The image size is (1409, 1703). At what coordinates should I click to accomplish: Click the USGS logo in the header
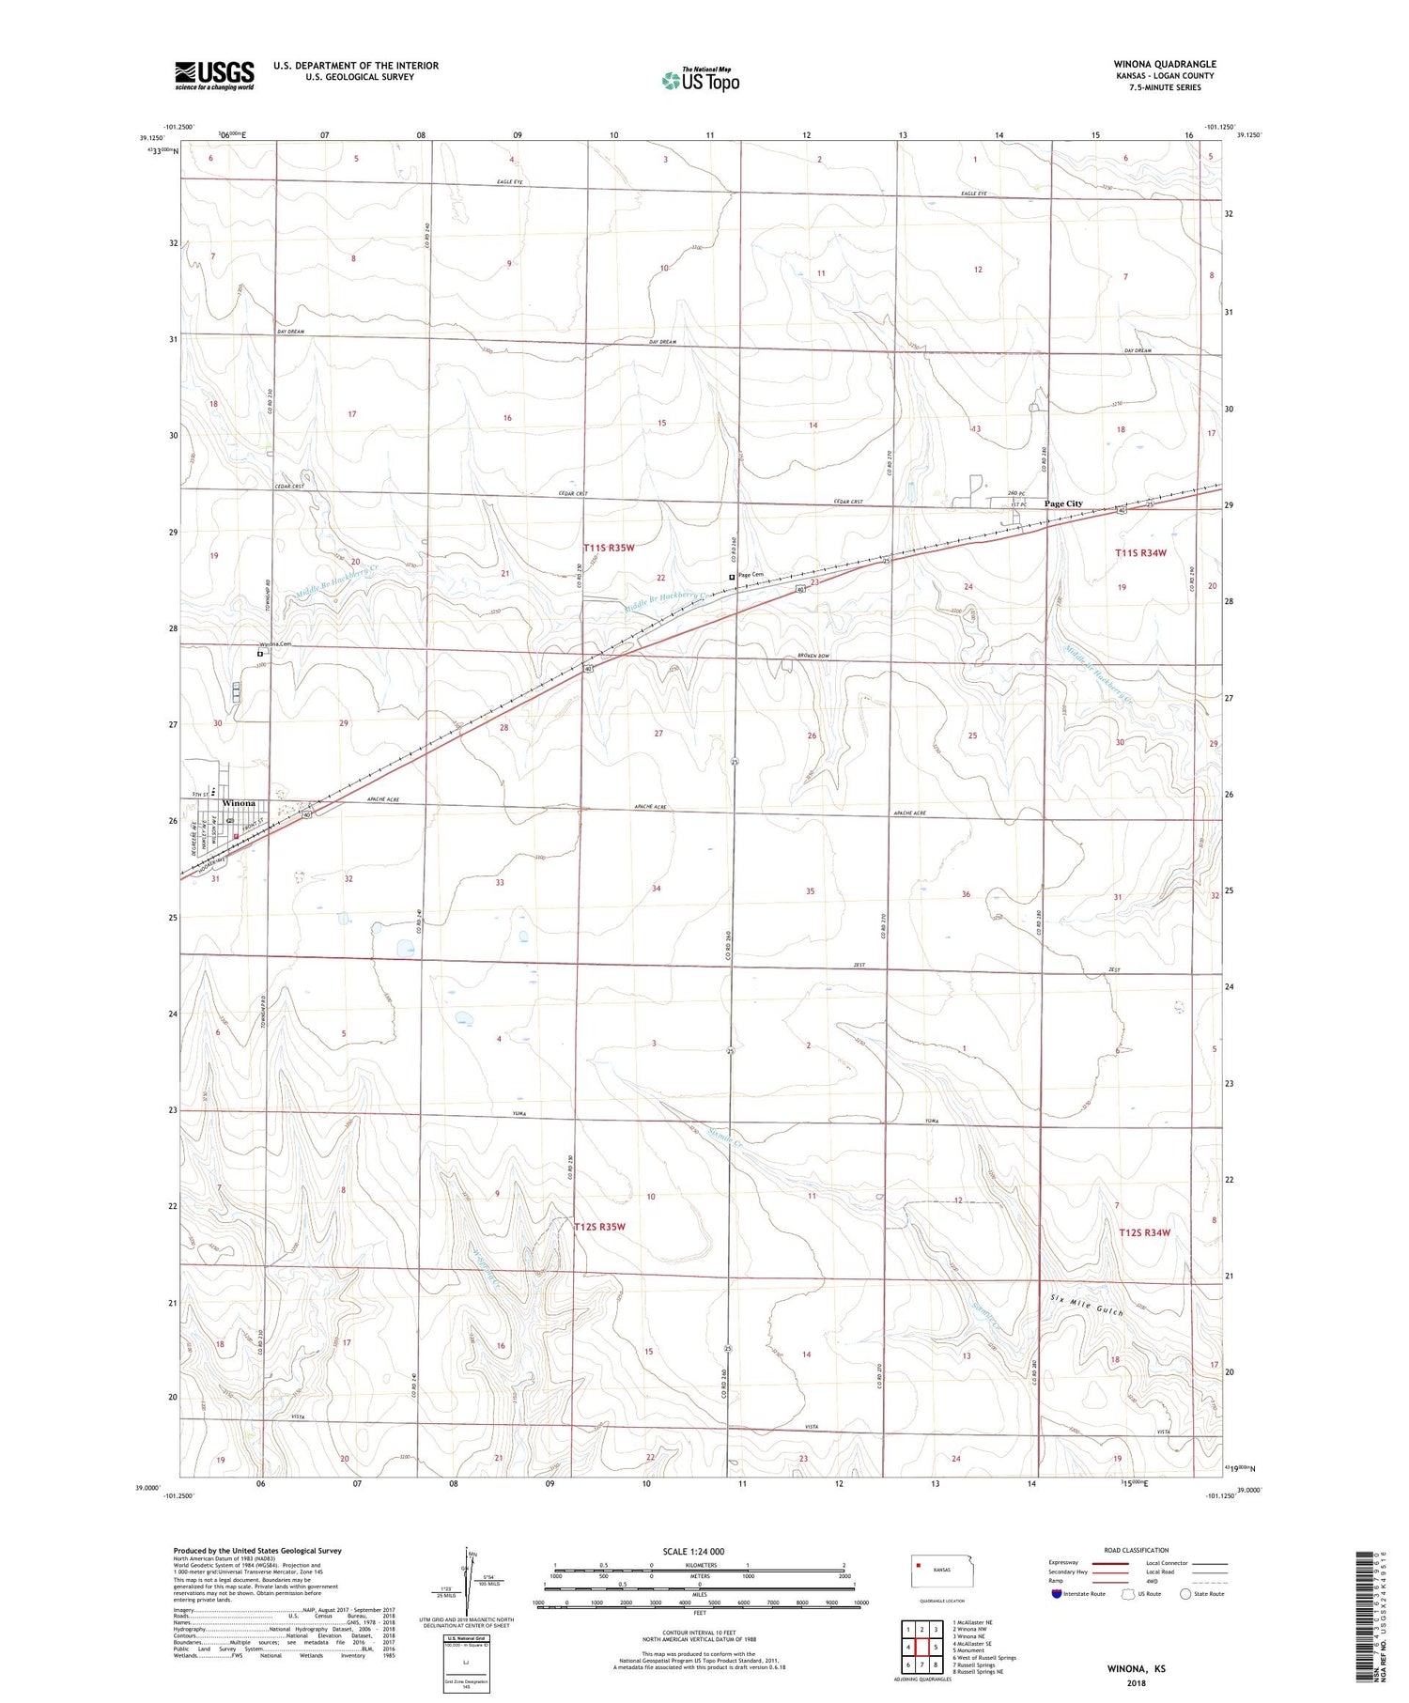pyautogui.click(x=214, y=75)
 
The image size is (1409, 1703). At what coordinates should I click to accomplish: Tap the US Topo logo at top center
pyautogui.click(x=701, y=80)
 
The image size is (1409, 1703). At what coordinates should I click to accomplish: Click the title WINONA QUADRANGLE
pyautogui.click(x=1165, y=64)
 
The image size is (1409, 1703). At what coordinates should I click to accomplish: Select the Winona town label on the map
pyautogui.click(x=239, y=804)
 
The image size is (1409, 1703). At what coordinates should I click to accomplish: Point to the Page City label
pyautogui.click(x=1063, y=503)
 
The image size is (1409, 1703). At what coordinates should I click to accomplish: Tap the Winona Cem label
pyautogui.click(x=276, y=644)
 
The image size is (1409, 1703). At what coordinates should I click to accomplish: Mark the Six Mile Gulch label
pyautogui.click(x=1087, y=1306)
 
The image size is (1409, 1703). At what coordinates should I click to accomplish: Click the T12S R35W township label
pyautogui.click(x=599, y=1226)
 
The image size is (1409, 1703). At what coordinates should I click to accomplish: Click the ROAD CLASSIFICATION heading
pyautogui.click(x=1137, y=1550)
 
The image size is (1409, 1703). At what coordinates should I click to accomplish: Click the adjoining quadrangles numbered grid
pyautogui.click(x=922, y=1639)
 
